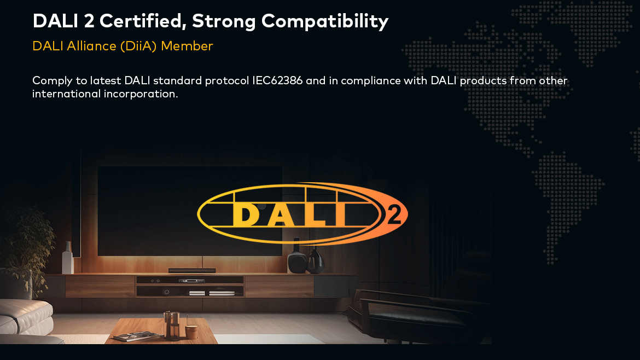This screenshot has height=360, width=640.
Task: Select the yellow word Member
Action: [x=187, y=46]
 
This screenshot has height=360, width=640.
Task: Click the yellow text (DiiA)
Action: [x=138, y=47]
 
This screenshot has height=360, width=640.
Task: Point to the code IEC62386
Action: [x=277, y=80]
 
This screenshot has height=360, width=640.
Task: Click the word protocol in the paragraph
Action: [x=226, y=81]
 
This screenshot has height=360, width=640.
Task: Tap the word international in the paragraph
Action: [x=67, y=94]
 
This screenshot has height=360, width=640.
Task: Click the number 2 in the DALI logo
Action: [x=394, y=214]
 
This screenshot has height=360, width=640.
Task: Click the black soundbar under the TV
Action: [x=192, y=270]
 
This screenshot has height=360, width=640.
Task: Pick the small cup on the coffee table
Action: [x=191, y=332]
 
